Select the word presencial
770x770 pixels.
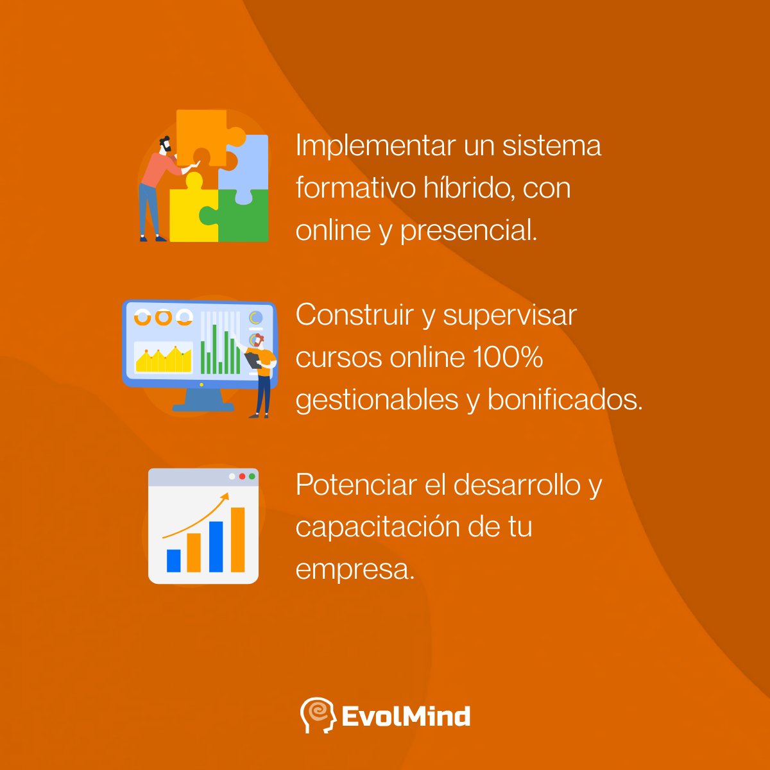click(468, 231)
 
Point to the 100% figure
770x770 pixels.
click(508, 357)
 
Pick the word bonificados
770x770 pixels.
click(565, 400)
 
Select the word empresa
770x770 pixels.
click(355, 570)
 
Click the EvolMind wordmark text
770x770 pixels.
click(406, 716)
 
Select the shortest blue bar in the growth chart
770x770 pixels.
click(173, 560)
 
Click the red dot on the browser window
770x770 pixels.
click(242, 477)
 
